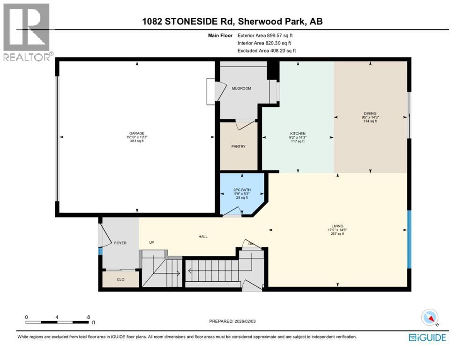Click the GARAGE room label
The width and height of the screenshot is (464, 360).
[x=137, y=133]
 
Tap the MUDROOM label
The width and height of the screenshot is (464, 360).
[x=241, y=88]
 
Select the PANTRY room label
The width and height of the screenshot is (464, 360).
[x=239, y=146]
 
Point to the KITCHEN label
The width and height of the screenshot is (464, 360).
[x=298, y=134]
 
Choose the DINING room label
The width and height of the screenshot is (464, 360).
[x=370, y=113]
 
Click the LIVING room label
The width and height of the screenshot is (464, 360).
[x=337, y=226]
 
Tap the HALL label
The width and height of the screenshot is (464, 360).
[x=202, y=236]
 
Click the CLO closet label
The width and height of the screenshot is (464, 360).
[x=120, y=279]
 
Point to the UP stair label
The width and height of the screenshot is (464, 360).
[x=151, y=243]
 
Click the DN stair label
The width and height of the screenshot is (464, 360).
[x=251, y=244]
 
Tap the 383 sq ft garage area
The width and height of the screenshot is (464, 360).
[x=137, y=141]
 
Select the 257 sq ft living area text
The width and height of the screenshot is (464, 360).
[x=337, y=234]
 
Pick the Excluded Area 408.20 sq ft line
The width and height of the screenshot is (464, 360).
[x=266, y=51]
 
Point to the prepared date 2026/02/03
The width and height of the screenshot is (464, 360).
[x=233, y=321]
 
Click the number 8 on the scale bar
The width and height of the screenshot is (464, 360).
[x=89, y=317]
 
